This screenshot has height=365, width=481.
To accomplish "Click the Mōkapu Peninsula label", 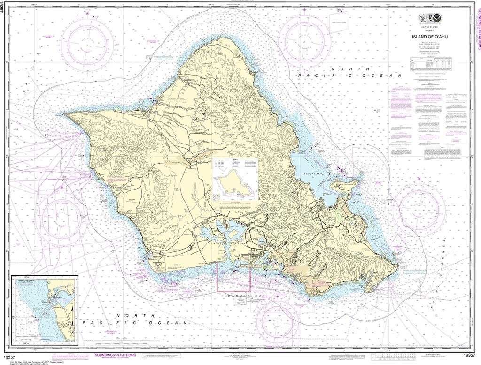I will (345, 184).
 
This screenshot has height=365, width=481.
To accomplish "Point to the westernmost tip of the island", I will (64, 114).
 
